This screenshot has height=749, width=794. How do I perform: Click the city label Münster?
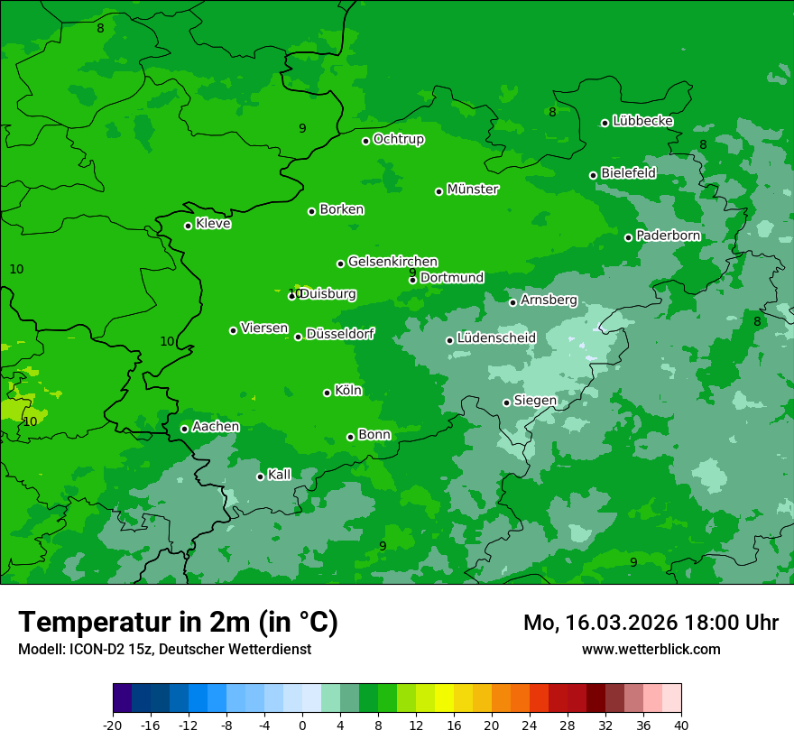coord(473,190)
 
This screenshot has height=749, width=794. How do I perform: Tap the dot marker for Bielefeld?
coord(594,175)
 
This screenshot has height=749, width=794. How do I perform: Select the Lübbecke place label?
coord(642,121)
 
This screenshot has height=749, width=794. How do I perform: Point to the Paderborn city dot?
coord(629,237)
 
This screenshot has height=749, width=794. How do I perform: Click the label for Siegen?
coord(535,401)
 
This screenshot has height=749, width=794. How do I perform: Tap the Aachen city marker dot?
coord(185,429)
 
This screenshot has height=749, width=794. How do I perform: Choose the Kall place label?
coord(280,475)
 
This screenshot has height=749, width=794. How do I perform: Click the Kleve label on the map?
coord(213,224)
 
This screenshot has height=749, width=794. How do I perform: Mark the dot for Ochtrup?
coord(366,141)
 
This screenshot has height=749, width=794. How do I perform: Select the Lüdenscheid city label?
coord(496,338)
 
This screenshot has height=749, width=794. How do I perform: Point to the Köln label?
coord(348,391)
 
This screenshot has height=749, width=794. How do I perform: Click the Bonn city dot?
coord(351,437)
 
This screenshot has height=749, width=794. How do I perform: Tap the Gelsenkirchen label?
coord(392,262)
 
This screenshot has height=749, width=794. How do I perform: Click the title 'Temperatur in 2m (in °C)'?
coord(178,622)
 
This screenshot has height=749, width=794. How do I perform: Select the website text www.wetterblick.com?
coord(651,649)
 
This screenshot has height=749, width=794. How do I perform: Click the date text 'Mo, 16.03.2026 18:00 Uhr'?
coord(651,623)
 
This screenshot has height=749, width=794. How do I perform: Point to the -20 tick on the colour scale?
coord(113,725)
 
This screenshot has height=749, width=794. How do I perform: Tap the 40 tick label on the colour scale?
coord(681,725)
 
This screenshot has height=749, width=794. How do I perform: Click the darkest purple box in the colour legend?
coord(122,698)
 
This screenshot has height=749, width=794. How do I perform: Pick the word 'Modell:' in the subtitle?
coord(39,649)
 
